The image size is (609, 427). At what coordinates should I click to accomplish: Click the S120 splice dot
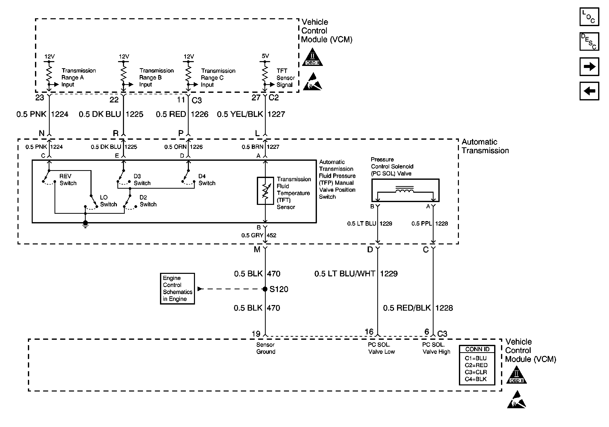pyautogui.click(x=265, y=289)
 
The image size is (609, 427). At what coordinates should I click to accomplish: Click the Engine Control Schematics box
pyautogui.click(x=177, y=289)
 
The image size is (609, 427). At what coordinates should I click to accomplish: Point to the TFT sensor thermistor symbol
pyautogui.click(x=265, y=191)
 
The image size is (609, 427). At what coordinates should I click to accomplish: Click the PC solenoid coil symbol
pyautogui.click(x=404, y=190)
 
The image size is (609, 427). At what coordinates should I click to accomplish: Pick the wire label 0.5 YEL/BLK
pyautogui.click(x=240, y=114)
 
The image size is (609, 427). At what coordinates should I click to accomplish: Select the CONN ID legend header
pyautogui.click(x=477, y=349)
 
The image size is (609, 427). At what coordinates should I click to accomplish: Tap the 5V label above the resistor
pyautogui.click(x=265, y=56)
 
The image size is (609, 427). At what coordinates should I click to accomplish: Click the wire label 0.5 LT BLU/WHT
pyautogui.click(x=345, y=274)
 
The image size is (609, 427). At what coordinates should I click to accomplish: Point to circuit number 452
pyautogui.click(x=271, y=235)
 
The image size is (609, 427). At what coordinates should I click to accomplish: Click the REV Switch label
pyautogui.click(x=68, y=180)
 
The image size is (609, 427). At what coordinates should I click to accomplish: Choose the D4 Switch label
pyautogui.click(x=207, y=180)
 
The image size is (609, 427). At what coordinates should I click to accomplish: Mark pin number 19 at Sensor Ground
pyautogui.click(x=256, y=334)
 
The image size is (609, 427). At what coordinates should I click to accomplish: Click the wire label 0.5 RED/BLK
pyautogui.click(x=407, y=308)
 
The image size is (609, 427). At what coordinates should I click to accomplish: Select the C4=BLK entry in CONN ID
pyautogui.click(x=476, y=379)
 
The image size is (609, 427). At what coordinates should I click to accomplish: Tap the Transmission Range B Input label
pyautogui.click(x=156, y=77)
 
